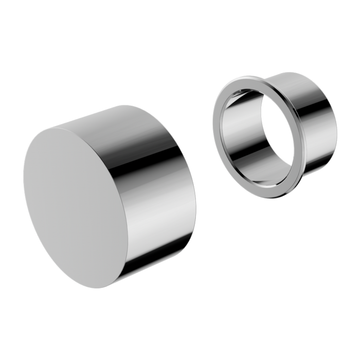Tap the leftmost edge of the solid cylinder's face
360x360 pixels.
(23, 175)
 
